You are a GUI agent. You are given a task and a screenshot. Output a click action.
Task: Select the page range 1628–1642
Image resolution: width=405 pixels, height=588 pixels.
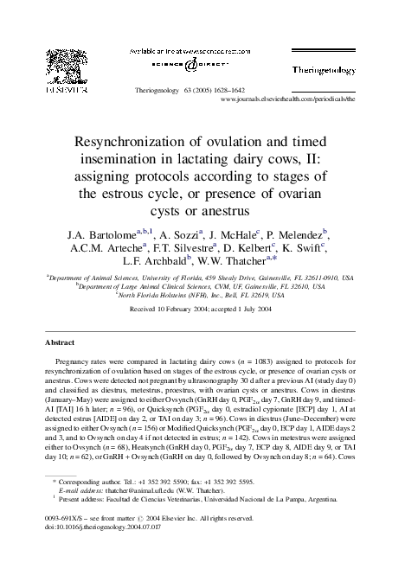[230, 89]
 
